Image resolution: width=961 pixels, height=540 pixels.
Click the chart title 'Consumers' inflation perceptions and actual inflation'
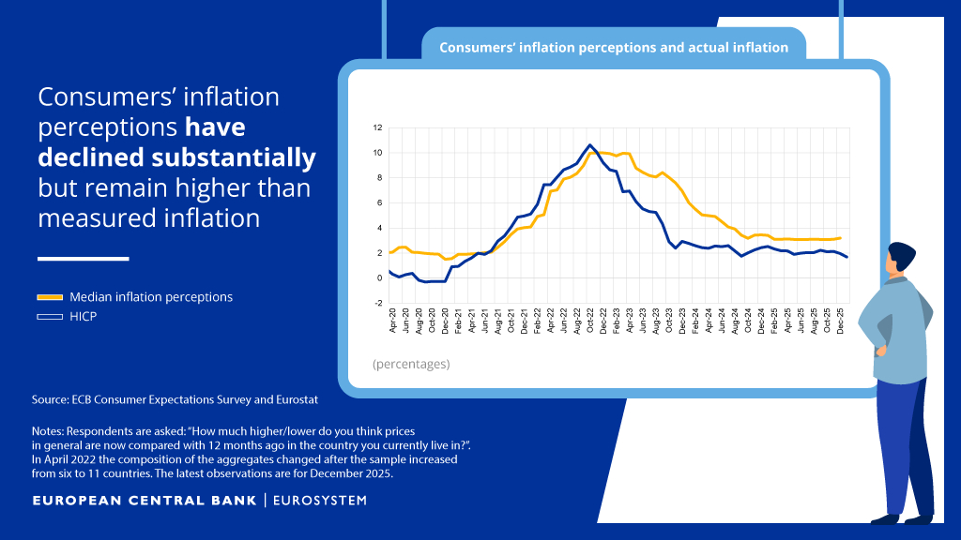click(614, 48)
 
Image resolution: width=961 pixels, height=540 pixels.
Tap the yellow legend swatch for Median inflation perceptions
click(50, 297)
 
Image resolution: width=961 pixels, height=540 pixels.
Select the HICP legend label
click(84, 317)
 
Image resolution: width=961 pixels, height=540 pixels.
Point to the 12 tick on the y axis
click(377, 127)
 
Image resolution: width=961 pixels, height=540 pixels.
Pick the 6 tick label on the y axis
click(379, 203)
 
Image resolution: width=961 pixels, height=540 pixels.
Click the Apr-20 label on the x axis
click(393, 321)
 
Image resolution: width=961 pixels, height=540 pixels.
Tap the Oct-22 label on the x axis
click(590, 321)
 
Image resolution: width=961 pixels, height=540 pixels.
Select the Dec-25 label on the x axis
click(840, 321)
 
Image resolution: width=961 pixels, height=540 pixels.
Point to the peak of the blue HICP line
click(589, 145)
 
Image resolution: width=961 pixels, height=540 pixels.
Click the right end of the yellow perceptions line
click(840, 238)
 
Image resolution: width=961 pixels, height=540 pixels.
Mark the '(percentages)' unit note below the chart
click(411, 365)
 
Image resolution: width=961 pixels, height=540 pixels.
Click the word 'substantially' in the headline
click(234, 157)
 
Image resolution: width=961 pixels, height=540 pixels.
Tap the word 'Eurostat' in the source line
click(297, 399)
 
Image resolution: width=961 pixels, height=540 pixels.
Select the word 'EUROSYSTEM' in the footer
click(320, 501)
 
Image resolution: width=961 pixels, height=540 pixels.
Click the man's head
click(900, 257)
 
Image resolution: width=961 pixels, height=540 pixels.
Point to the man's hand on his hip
click(880, 351)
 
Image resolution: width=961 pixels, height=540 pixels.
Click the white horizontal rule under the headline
click(84, 259)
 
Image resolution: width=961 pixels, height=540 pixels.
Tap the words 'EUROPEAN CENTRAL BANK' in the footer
click(145, 501)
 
